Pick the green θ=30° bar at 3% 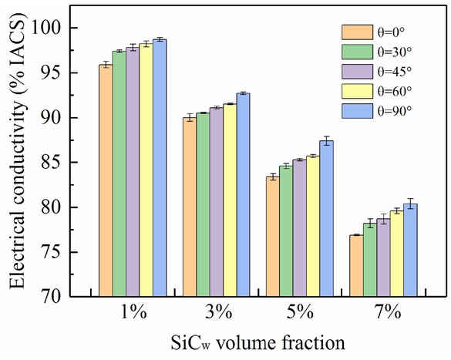pos(202,204)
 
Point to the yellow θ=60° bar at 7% pos(396,254)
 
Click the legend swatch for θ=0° pos(358,32)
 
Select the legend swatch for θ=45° pos(358,72)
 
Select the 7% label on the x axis pos(384,313)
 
